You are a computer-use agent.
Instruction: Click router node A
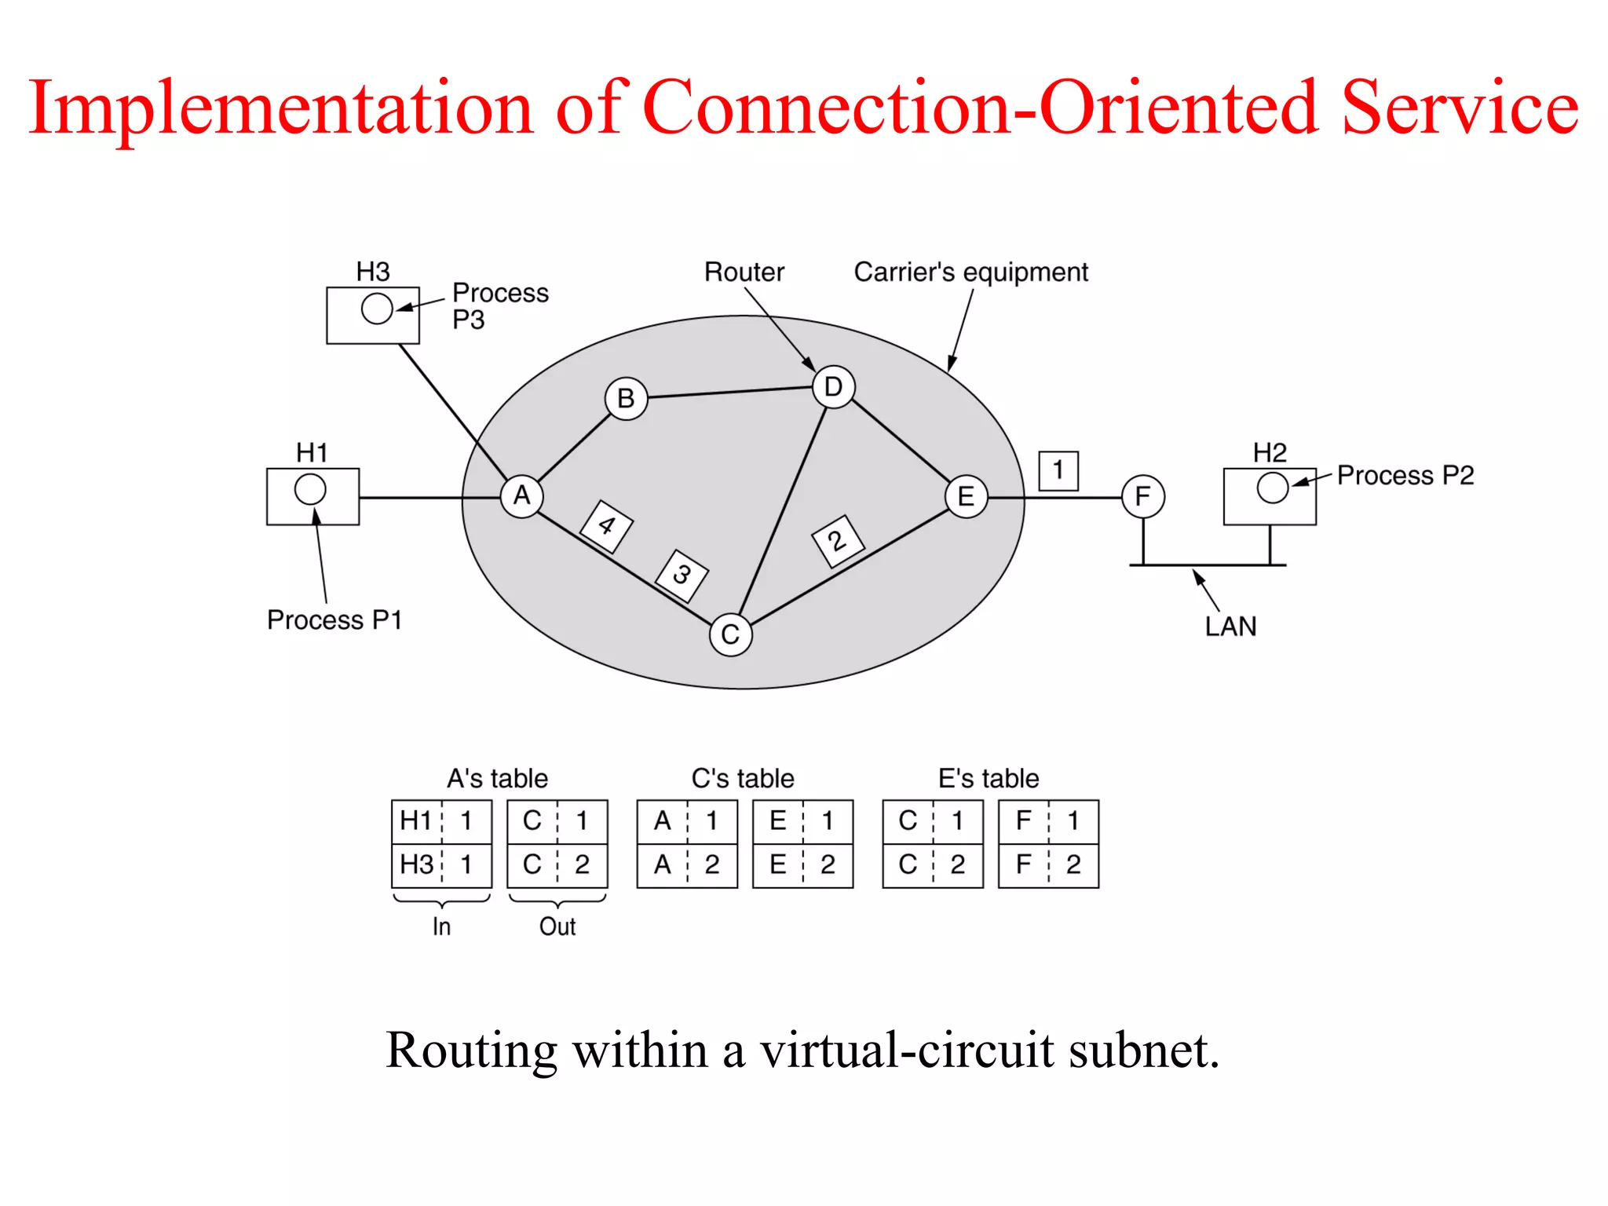point(521,496)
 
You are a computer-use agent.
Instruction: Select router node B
point(626,399)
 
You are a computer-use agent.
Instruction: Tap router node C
point(730,634)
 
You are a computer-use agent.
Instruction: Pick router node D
point(833,387)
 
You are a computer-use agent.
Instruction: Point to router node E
point(966,496)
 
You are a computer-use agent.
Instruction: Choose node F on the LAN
point(1142,496)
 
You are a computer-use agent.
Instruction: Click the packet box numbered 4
point(606,526)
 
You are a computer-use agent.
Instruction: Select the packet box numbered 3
point(682,576)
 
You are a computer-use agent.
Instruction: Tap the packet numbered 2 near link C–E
point(837,541)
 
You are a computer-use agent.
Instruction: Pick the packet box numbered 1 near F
point(1058,471)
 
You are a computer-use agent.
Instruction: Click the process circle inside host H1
point(310,489)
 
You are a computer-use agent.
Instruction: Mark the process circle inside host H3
point(377,309)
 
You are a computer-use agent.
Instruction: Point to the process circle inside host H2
point(1272,488)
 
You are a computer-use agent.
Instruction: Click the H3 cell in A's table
point(416,864)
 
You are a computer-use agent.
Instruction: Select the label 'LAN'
point(1230,627)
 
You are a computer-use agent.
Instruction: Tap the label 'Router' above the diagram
point(744,272)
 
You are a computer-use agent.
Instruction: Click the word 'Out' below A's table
point(557,926)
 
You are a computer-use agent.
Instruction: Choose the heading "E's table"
point(989,778)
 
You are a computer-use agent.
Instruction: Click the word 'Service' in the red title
point(1460,108)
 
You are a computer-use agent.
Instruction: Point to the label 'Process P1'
point(334,620)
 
